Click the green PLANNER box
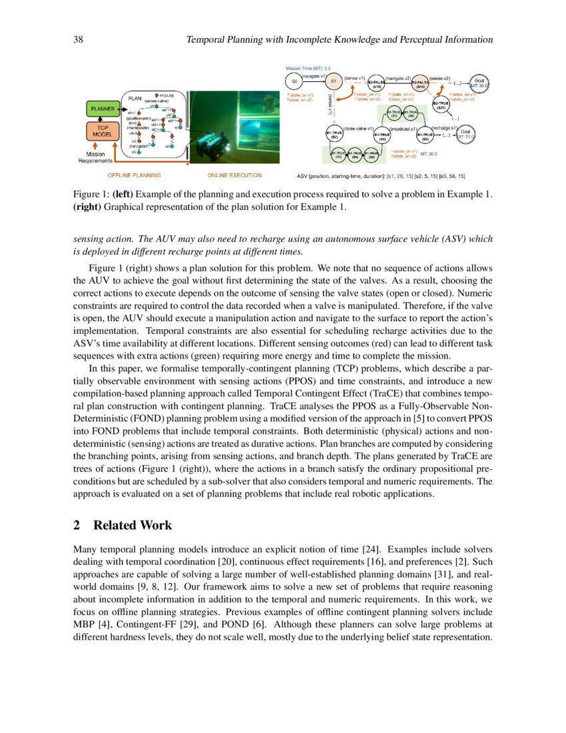[x=102, y=108]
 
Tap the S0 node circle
[x=294, y=81]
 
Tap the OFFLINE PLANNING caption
[x=134, y=176]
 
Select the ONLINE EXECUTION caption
[x=234, y=176]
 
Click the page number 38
[x=77, y=40]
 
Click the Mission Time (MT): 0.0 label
[x=308, y=68]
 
